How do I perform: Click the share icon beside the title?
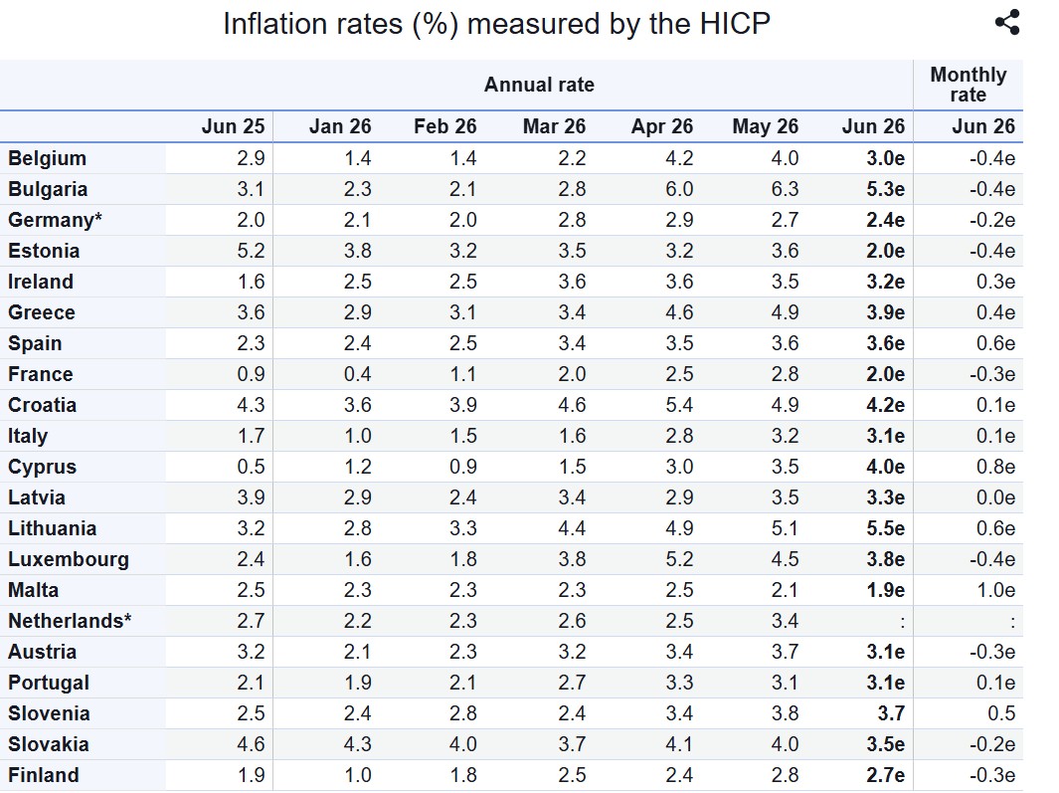[1007, 22]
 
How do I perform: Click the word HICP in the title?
[735, 24]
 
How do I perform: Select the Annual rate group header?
[539, 85]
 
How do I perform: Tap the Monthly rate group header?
[968, 85]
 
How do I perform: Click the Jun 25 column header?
[233, 126]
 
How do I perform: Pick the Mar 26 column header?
[554, 126]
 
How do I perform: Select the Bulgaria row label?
[48, 189]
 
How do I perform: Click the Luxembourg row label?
[69, 559]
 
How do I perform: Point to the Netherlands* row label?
[70, 621]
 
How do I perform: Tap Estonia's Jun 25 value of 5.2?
[251, 251]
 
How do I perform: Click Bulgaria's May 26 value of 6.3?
[785, 189]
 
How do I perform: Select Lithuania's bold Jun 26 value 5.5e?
[885, 528]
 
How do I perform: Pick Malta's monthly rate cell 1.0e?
[995, 590]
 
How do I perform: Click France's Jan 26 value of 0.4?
[357, 374]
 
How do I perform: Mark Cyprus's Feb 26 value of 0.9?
[462, 467]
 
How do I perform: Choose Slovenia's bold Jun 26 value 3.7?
[891, 713]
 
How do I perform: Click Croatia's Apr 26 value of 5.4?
[679, 405]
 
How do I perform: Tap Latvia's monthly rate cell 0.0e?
[995, 497]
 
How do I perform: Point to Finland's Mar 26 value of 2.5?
[572, 775]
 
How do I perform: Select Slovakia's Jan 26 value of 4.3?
[357, 744]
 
